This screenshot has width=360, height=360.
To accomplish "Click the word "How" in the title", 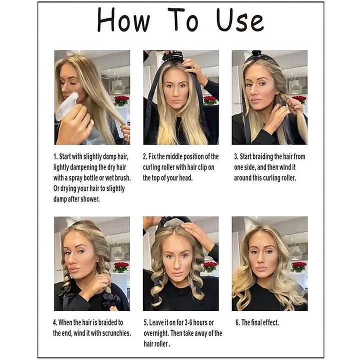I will (123, 21).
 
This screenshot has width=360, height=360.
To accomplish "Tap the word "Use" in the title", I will (240, 21).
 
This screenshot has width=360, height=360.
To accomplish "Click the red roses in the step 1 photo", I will (121, 100).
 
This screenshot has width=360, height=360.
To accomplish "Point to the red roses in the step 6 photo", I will (298, 266).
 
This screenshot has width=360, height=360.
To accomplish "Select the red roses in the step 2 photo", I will (210, 100).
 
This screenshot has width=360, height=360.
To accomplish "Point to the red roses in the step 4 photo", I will (120, 266).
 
